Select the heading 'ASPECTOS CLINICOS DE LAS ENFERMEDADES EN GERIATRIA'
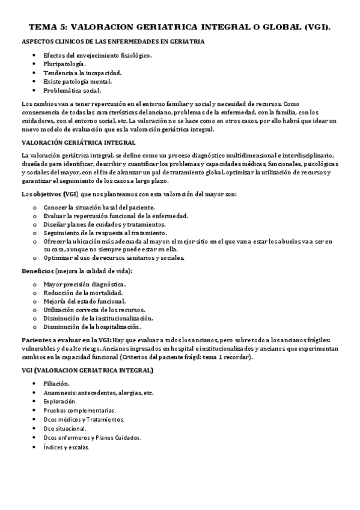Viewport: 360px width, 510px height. [112, 42]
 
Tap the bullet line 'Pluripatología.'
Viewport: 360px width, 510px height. [65, 64]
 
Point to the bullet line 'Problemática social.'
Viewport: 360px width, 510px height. [72, 90]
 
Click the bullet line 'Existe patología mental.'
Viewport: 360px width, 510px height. [78, 81]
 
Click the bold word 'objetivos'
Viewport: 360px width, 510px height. [49, 194]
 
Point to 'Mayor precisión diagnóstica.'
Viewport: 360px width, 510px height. [85, 284]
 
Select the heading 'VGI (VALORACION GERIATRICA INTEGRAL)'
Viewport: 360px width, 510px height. [87, 370]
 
